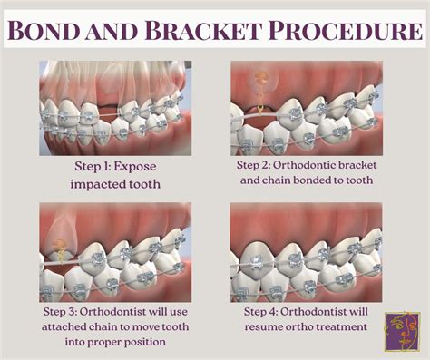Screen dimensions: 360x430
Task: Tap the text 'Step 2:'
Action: pos(259,168)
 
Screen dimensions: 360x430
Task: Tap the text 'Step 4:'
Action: pos(263,311)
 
